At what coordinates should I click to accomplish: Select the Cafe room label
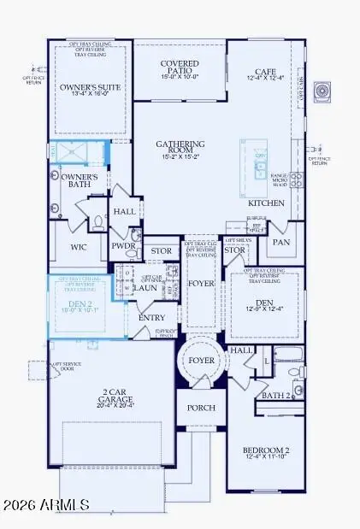(x=265, y=73)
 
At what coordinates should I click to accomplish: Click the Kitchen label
(x=266, y=203)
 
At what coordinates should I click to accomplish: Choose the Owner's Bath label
(x=80, y=181)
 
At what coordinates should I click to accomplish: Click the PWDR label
(x=123, y=245)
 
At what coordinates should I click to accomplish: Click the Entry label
(x=151, y=317)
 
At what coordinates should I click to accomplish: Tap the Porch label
(x=202, y=408)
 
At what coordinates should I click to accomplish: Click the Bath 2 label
(x=275, y=396)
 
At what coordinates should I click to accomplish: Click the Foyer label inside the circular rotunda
(x=202, y=361)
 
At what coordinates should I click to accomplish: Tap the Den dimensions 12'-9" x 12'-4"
(x=264, y=309)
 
